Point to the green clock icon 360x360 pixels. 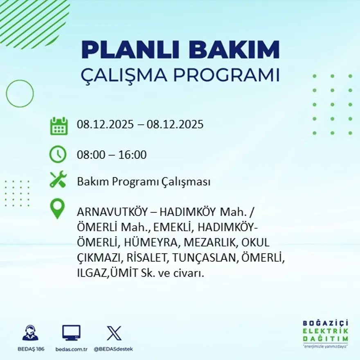(x=58, y=155)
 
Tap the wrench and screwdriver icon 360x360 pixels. (x=58, y=180)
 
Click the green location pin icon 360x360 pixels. (x=58, y=209)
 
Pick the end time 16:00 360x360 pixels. (x=133, y=155)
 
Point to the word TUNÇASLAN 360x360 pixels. (x=204, y=258)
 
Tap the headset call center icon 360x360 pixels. (x=30, y=333)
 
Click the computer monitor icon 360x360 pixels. (x=71, y=333)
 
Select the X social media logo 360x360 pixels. (x=114, y=333)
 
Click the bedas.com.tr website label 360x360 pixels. (x=72, y=349)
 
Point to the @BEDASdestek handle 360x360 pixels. (x=114, y=349)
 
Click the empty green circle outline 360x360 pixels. (x=20, y=94)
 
